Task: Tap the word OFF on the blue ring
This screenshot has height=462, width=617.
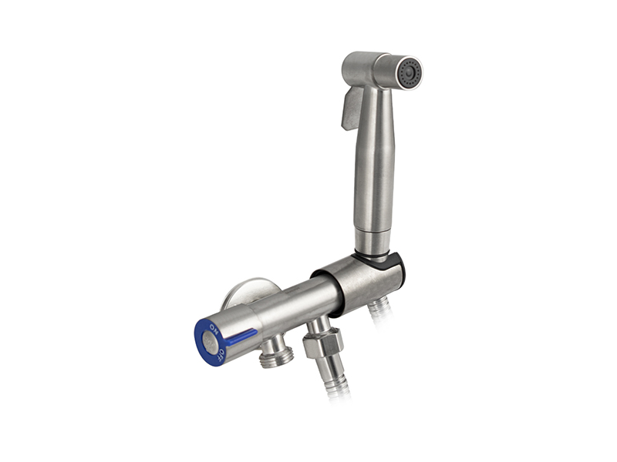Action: tap(221, 354)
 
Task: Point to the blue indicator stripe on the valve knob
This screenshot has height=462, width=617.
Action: tap(241, 336)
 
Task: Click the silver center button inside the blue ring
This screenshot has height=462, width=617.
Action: tap(211, 343)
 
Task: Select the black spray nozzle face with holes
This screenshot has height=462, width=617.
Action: tap(410, 73)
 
